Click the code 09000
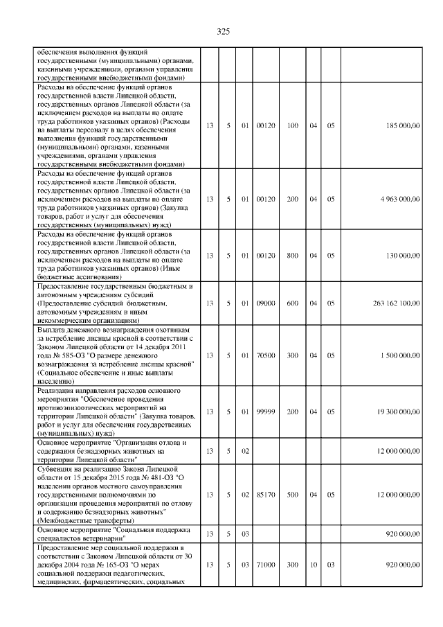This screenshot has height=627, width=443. tap(266, 303)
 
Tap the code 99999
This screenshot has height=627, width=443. tap(266, 412)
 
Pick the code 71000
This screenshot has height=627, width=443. tap(266, 565)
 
